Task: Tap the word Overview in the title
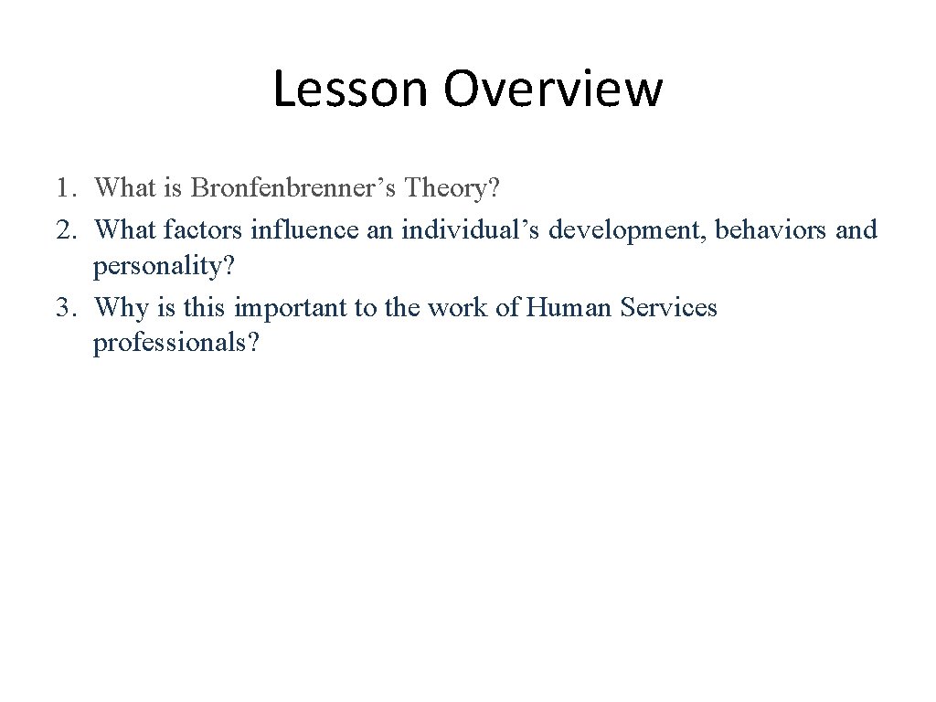(x=553, y=90)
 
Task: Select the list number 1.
(x=64, y=189)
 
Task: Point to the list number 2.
(x=64, y=229)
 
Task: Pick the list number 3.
(x=64, y=308)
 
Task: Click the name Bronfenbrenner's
(x=293, y=188)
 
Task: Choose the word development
(x=626, y=229)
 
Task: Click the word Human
(x=569, y=307)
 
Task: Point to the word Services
(x=669, y=307)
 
